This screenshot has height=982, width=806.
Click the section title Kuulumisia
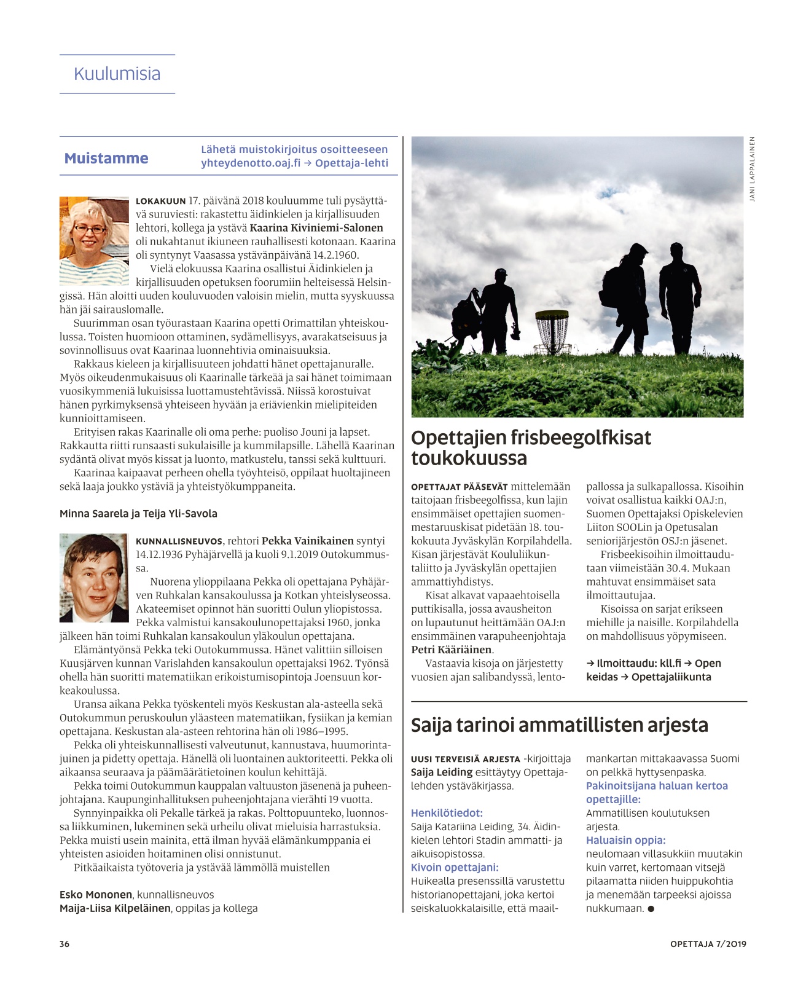tap(117, 74)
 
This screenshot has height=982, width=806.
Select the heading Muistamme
tap(106, 159)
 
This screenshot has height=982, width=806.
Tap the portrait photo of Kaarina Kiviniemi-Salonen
tap(94, 240)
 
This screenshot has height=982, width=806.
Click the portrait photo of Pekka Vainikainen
tap(94, 578)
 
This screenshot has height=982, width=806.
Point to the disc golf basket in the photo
tap(551, 330)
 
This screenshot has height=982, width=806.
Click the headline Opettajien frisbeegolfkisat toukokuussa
tap(531, 447)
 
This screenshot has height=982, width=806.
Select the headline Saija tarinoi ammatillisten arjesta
tap(559, 725)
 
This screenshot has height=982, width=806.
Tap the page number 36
tap(65, 944)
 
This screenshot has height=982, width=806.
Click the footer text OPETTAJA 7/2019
tap(708, 944)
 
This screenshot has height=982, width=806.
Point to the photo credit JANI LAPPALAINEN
tap(752, 169)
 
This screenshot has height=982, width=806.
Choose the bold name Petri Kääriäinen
tap(452, 650)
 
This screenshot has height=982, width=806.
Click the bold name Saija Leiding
tap(441, 772)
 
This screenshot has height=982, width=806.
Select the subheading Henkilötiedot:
tap(447, 813)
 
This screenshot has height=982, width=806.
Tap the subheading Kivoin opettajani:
tap(455, 867)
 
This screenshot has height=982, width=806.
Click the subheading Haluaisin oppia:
tap(625, 840)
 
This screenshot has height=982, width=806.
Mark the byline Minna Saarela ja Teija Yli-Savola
tap(138, 514)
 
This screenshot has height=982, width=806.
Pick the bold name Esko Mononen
tap(96, 895)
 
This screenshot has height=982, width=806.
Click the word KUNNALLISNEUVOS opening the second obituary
tap(179, 541)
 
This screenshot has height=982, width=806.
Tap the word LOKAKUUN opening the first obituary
tap(160, 201)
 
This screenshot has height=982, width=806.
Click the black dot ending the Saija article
tap(651, 909)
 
